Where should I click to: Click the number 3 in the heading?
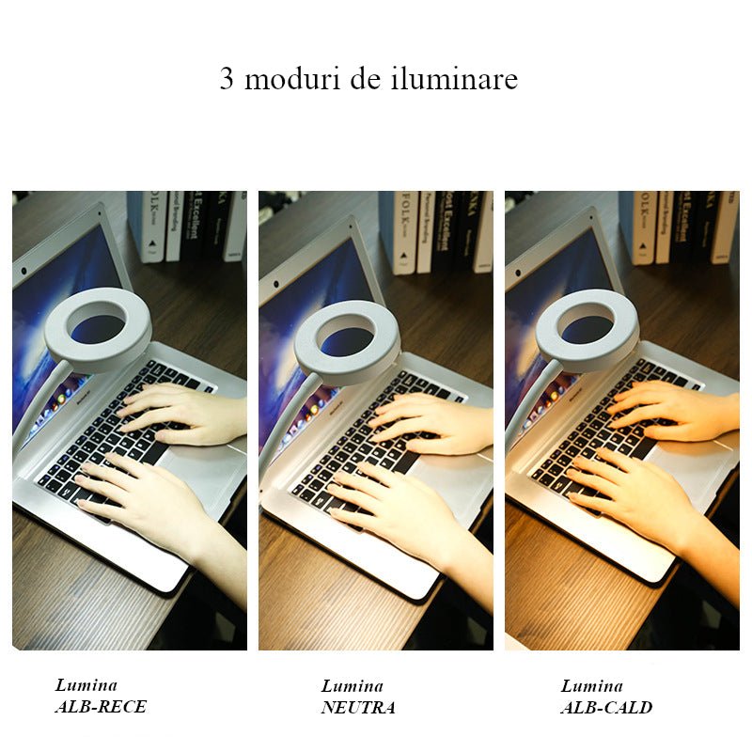pos(227,79)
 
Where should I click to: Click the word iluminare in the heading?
pos(453,79)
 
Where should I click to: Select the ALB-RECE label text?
pos(101,706)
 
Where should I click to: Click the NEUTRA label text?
pos(358,707)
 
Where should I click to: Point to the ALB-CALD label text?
pos(606,707)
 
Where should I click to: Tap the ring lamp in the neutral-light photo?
pos(346,342)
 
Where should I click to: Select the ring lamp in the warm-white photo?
pos(587,330)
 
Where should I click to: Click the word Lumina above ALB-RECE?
pos(86,685)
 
